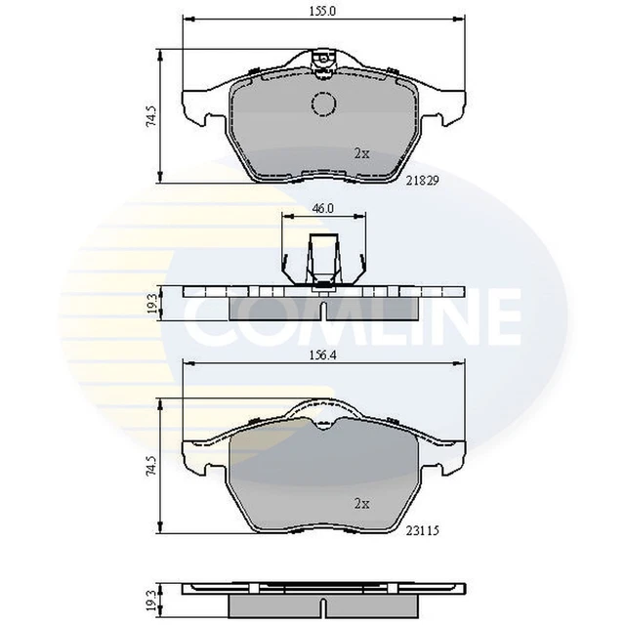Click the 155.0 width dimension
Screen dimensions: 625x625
[323, 11]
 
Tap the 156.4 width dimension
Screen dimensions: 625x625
[323, 355]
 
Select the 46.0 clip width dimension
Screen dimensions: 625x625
[323, 208]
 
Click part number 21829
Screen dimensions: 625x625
[423, 181]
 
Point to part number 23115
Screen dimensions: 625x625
[423, 531]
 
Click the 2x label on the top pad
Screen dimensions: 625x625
[362, 153]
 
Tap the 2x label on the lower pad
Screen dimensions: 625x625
[362, 504]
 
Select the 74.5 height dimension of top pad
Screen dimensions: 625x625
[151, 117]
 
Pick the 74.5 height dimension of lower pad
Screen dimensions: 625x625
[151, 467]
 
